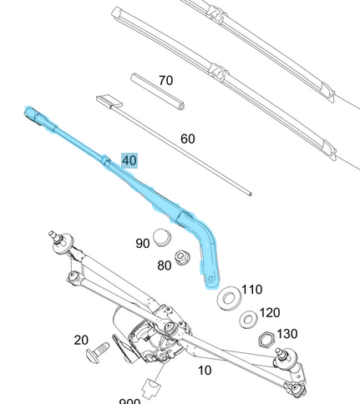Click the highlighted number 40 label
pos(129,160)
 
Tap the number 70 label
pos(165,81)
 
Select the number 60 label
pos(188,139)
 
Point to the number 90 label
pos(143,244)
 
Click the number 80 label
pos(164,265)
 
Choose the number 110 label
pos(251,290)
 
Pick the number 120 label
pos(269,313)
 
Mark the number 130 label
pos(286,334)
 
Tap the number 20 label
pos(81,340)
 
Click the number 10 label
pos(205,370)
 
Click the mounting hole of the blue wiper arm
pos(211,276)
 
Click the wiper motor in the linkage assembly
pos(134,324)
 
